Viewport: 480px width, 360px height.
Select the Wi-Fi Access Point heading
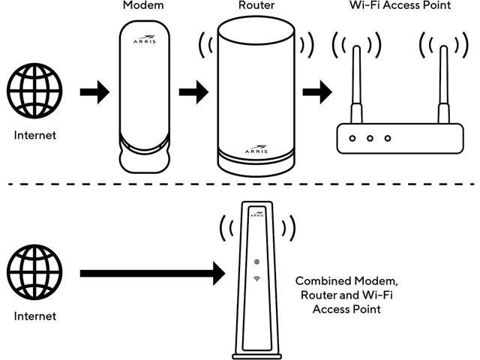pyautogui.click(x=389, y=6)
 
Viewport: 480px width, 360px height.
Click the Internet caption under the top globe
pyautogui.click(x=34, y=136)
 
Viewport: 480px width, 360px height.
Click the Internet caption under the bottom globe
pyautogui.click(x=34, y=316)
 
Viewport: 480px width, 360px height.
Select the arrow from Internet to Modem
pyautogui.click(x=93, y=93)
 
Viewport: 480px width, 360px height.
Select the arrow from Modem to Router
pyautogui.click(x=193, y=93)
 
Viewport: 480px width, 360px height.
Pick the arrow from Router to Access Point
pyautogui.click(x=316, y=93)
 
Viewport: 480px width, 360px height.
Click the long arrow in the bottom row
pyautogui.click(x=150, y=273)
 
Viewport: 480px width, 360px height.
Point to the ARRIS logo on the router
pyautogui.click(x=256, y=149)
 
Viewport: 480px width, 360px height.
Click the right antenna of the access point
pyautogui.click(x=442, y=82)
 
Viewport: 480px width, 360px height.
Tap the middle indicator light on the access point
pyautogui.click(x=370, y=139)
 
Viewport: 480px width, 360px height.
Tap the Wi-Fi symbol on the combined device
pyautogui.click(x=257, y=279)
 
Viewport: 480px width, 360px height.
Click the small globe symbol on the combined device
pyautogui.click(x=257, y=262)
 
